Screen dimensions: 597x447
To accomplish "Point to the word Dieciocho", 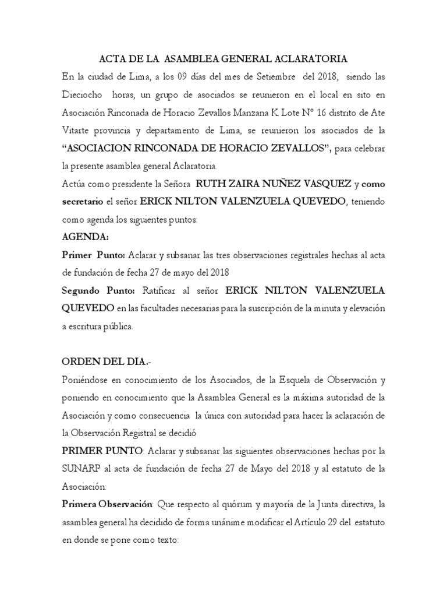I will pyautogui.click(x=83, y=95).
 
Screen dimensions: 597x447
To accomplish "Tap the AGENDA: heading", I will pyautogui.click(x=85, y=238).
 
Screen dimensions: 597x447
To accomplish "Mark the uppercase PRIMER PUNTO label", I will pyautogui.click(x=102, y=452).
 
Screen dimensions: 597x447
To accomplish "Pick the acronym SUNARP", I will pyautogui.click(x=81, y=469).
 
